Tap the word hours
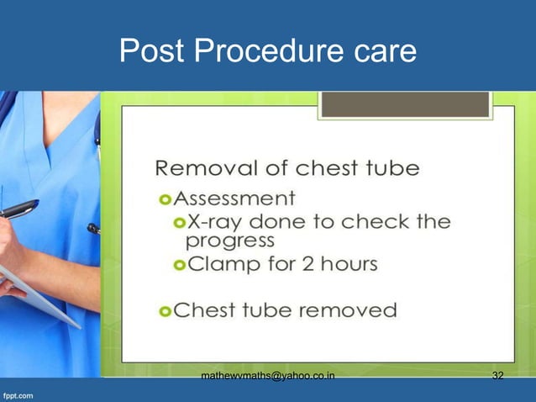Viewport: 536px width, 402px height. (348, 264)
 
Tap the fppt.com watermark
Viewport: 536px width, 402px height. (18, 394)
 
